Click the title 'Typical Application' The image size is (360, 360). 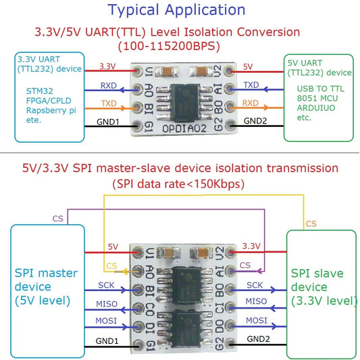click(x=177, y=9)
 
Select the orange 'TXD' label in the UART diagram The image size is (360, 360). click(x=108, y=103)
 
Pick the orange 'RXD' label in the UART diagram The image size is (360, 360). click(x=251, y=103)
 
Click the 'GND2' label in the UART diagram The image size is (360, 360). click(x=255, y=121)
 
